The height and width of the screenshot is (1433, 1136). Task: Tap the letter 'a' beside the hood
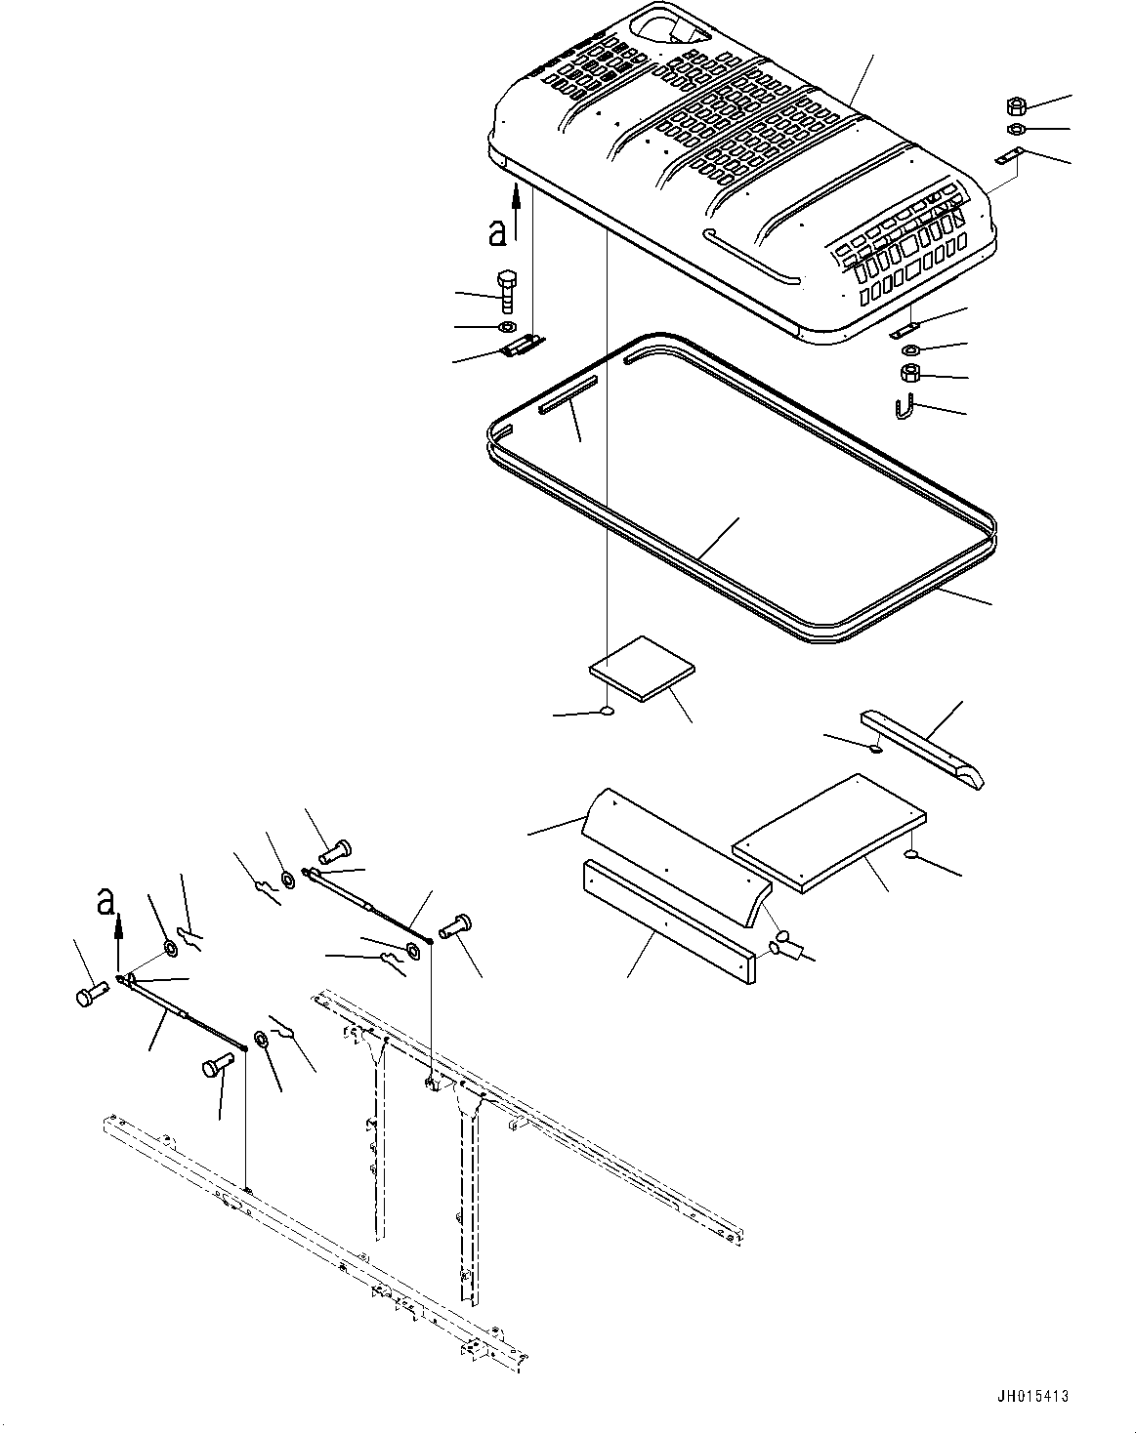tap(498, 230)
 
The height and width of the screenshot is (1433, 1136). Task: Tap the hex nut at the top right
tap(1014, 105)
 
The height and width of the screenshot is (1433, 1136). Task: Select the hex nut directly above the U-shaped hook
tap(909, 373)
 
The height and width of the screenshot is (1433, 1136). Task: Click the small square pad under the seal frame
tap(642, 668)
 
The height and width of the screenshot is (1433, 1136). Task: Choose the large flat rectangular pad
tap(828, 833)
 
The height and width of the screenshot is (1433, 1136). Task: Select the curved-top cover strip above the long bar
tap(676, 856)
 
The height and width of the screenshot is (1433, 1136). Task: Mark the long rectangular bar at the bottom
tap(668, 921)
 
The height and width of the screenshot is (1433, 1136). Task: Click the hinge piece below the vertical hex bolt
tap(522, 346)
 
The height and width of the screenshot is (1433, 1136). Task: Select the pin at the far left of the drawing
tap(89, 996)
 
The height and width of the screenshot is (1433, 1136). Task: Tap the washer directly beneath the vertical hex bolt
tap(509, 326)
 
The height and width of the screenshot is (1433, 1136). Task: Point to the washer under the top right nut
tap(1014, 130)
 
